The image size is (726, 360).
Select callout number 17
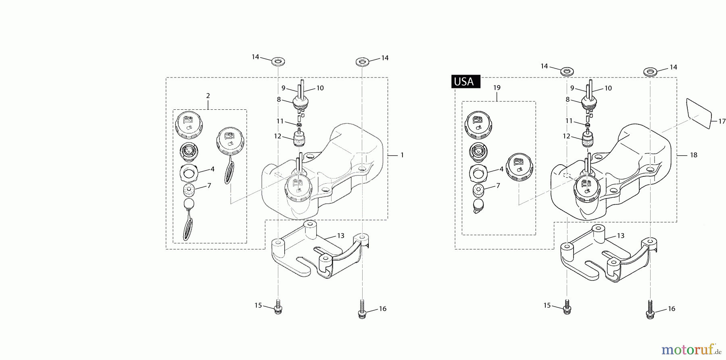722,121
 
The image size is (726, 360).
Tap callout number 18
693,155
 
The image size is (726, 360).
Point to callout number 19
497,88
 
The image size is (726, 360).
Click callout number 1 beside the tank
402,155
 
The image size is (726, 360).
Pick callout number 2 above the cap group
208,96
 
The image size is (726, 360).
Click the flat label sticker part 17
699,113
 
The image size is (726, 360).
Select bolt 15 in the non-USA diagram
278,307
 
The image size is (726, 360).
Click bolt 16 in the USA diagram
650,310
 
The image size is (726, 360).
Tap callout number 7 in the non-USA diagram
209,186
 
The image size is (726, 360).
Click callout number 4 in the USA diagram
501,169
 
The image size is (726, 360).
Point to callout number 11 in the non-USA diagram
280,121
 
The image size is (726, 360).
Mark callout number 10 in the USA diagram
608,88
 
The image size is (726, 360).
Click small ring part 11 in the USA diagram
588,126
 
